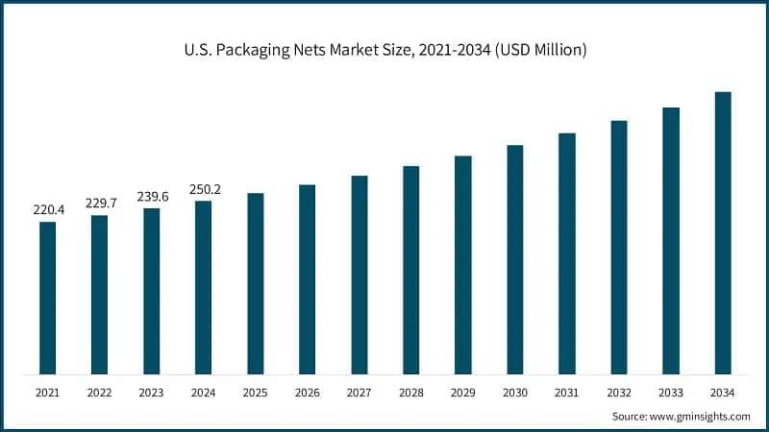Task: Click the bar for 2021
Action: pos(47,298)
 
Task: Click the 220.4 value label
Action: pos(47,207)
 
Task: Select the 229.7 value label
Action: pos(99,203)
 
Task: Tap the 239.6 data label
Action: pos(151,196)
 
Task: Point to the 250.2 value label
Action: pos(204,189)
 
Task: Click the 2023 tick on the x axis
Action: pos(151,393)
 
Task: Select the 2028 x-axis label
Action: pos(410,393)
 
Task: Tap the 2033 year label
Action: pos(671,393)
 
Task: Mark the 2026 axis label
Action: pos(307,393)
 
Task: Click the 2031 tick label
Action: pos(567,393)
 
